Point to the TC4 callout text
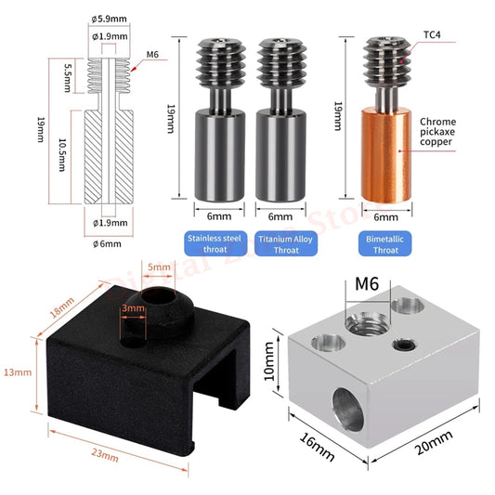click(432, 34)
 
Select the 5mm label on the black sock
click(159, 267)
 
